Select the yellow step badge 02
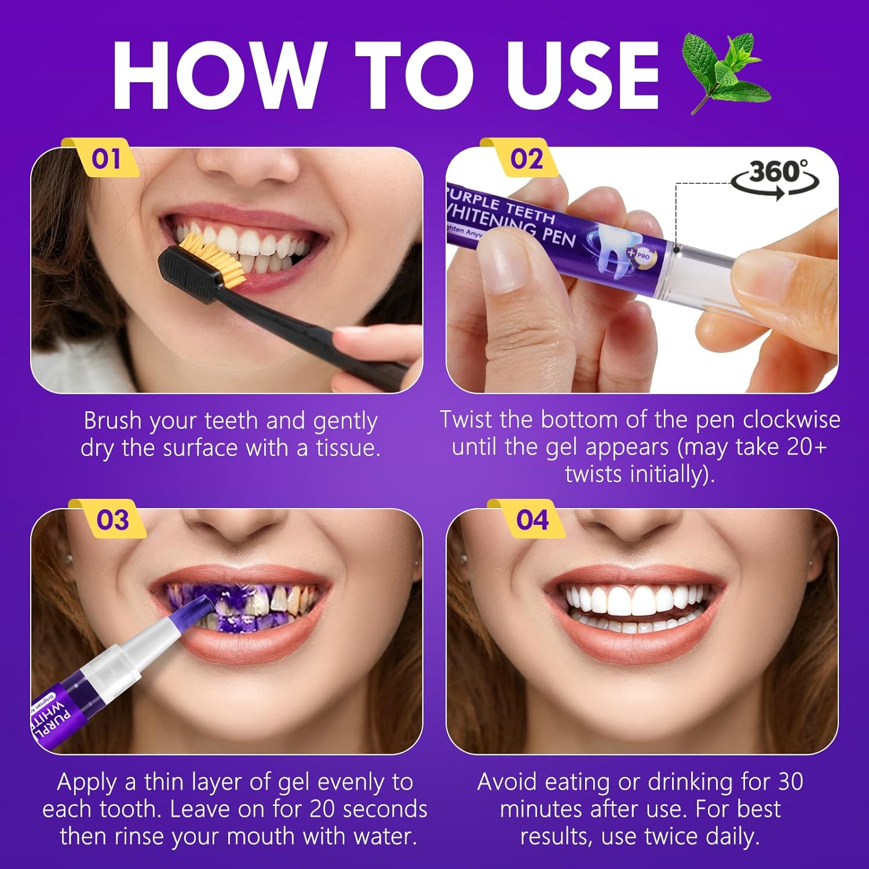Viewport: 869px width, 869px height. (x=525, y=159)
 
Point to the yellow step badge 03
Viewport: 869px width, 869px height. (x=112, y=520)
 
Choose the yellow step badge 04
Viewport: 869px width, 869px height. (x=531, y=520)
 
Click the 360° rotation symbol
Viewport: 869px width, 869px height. (x=775, y=176)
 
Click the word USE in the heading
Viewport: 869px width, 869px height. (x=582, y=75)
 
